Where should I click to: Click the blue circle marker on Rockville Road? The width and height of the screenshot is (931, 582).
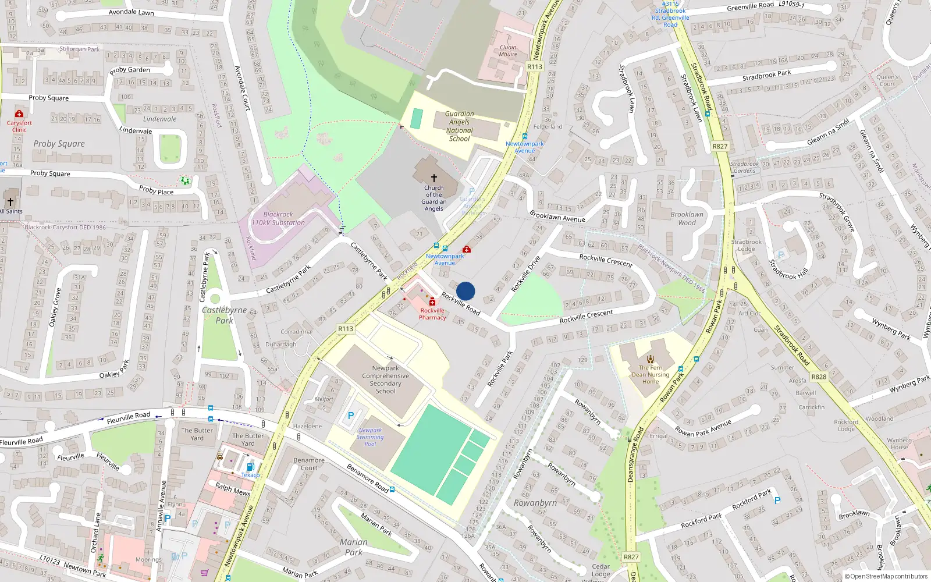tap(465, 291)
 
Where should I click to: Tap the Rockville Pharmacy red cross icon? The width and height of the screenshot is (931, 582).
tap(432, 301)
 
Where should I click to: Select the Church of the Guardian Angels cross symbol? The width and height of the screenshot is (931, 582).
tap(433, 178)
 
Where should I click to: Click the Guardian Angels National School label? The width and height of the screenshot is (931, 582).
tap(459, 126)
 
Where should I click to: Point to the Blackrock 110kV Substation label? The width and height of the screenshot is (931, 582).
tap(278, 218)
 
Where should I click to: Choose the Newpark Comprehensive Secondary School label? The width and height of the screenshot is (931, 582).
tap(385, 379)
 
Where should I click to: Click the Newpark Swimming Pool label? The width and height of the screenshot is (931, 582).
tap(370, 437)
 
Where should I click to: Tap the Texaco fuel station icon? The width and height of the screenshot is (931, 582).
tap(250, 466)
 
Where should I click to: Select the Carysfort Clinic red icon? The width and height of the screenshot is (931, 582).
tap(19, 114)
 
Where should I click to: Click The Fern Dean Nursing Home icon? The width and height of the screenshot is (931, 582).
tap(651, 359)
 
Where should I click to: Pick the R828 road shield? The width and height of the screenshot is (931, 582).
tap(819, 377)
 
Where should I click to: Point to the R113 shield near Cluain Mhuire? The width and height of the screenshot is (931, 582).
tap(535, 66)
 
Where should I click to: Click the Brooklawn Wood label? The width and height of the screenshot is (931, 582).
tap(687, 218)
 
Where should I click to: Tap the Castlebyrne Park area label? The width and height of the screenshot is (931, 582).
tap(224, 315)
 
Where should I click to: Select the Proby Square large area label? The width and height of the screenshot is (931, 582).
tap(59, 144)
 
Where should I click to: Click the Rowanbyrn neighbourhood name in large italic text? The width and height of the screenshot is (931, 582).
tap(535, 503)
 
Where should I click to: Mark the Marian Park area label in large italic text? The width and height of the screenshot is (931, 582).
tap(354, 547)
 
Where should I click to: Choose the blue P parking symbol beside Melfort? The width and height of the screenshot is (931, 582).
tap(350, 416)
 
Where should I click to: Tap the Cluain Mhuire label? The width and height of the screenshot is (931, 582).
tap(508, 51)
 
